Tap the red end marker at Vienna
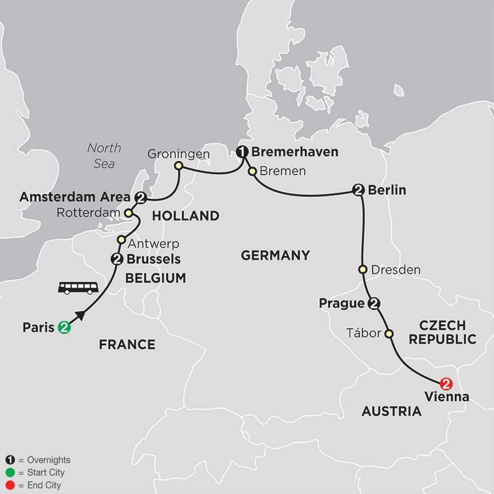(446, 383)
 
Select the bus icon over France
(78, 288)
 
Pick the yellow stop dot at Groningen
(178, 165)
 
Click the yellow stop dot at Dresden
(362, 270)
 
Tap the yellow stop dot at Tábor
(389, 333)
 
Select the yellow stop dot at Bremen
(252, 171)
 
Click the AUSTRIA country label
(391, 411)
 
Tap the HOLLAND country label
(186, 216)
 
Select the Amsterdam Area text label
(75, 197)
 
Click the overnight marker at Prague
(375, 304)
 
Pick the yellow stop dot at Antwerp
(121, 239)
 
